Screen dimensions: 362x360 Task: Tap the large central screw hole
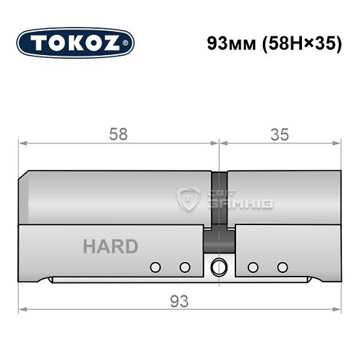pos(218,268)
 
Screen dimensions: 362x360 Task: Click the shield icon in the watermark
pos(190,198)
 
